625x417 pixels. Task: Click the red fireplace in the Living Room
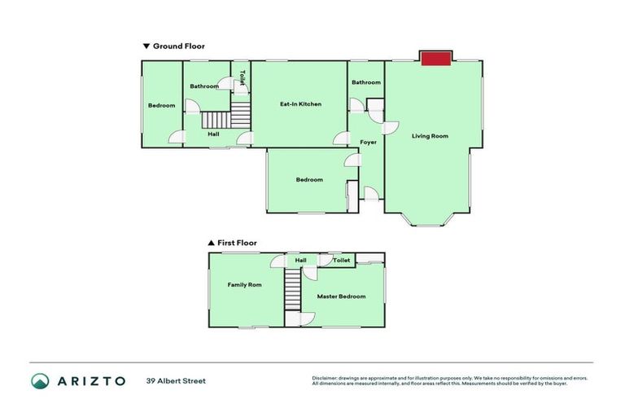pos(436,58)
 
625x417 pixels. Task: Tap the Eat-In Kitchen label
pos(300,104)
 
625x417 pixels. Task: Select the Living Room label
pos(430,136)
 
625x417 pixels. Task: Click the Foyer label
pos(369,142)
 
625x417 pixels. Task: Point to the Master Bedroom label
pos(341,296)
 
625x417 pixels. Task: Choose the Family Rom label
pos(244,285)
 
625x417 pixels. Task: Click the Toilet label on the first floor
pos(342,261)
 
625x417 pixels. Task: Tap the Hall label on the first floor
pos(300,261)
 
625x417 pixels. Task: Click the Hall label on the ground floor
pos(213,134)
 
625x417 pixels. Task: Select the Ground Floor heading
pos(178,46)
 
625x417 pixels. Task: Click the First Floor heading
pos(236,243)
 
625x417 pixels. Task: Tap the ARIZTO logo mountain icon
pos(40,381)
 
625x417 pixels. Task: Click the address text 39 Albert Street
pos(176,380)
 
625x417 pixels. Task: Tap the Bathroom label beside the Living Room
pos(366,82)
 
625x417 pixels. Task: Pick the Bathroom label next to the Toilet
pos(204,86)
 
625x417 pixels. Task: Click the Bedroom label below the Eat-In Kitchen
pos(309,180)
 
